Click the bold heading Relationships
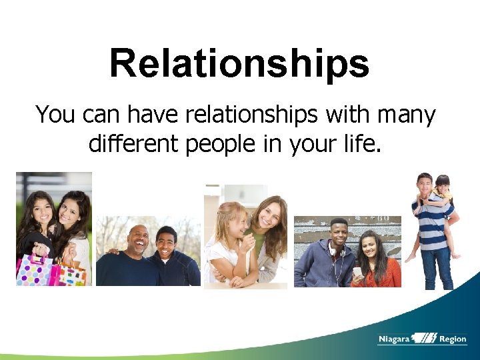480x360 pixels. point(239,63)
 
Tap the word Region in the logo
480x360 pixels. point(453,339)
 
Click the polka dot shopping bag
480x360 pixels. point(33,269)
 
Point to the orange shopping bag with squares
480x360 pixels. point(71,272)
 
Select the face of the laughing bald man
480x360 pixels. point(137,239)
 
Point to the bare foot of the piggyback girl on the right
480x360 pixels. point(456,255)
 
